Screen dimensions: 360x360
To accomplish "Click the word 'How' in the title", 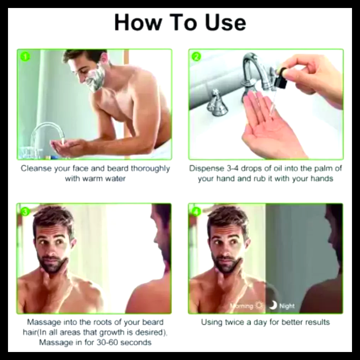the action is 138,23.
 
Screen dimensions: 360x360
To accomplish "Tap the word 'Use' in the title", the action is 225,23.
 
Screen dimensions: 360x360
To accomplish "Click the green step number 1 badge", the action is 25,57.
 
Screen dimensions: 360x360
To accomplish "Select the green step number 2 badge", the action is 196,57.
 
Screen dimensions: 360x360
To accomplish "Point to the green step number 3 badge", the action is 25,212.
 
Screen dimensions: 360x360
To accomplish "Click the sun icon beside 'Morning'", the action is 259,306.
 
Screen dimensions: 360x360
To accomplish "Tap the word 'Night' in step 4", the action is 287,306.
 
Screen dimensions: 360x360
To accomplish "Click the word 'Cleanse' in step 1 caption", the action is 36,168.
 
